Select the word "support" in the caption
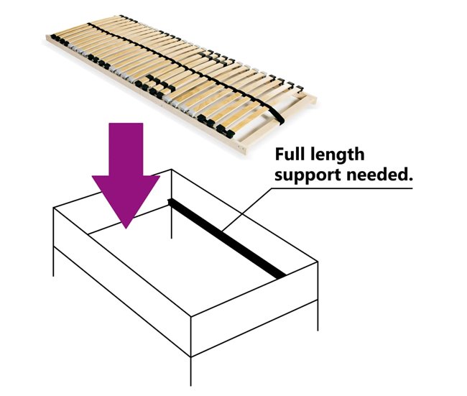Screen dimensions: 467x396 point(308,175)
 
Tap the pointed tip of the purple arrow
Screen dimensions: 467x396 point(126,229)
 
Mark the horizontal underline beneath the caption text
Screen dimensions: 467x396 point(341,188)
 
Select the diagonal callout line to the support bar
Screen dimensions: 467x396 point(246,209)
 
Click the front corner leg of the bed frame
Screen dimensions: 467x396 point(190,371)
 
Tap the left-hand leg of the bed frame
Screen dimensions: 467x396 point(54,262)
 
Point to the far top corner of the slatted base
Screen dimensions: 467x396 point(121,16)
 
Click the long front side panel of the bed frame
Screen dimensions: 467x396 point(122,282)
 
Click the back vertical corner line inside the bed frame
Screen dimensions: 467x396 point(172,204)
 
